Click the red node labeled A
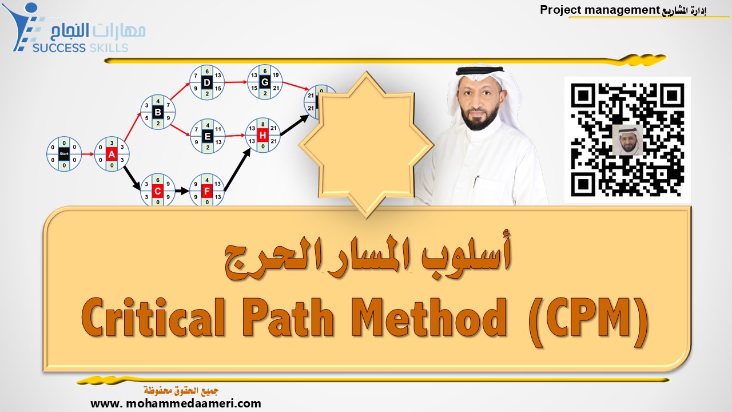point(112,154)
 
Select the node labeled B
point(158,112)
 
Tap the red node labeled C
point(158,191)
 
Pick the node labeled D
point(207,82)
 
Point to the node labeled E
point(207,136)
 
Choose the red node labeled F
point(207,191)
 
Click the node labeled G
point(264,82)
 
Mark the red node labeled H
point(262,135)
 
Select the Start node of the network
point(64,154)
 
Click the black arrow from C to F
point(182,191)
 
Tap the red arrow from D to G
point(236,82)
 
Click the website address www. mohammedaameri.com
point(176,403)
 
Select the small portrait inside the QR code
point(628,140)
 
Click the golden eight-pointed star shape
point(366,143)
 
